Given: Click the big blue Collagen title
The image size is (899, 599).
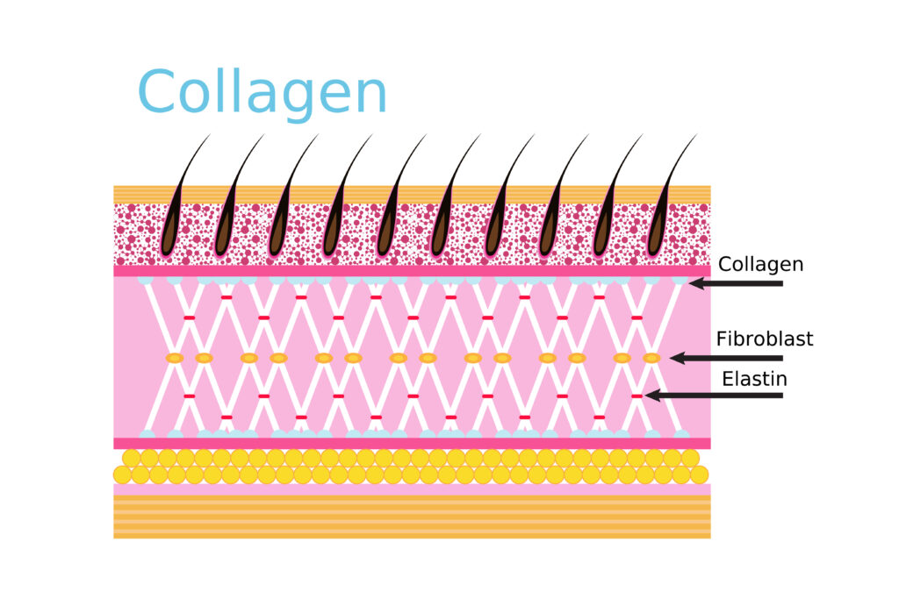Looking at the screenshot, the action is (262, 93).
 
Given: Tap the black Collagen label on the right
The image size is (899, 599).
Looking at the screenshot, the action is (760, 265).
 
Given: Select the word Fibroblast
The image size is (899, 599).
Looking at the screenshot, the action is (765, 339).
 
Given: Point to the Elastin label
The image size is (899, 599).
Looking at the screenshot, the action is (754, 379).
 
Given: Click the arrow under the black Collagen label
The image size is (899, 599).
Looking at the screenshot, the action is (736, 283).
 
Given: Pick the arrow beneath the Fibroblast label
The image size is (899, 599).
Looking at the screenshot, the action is (726, 358).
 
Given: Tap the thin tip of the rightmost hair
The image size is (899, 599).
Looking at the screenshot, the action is (696, 136).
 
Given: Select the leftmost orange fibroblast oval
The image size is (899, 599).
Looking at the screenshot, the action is (175, 358).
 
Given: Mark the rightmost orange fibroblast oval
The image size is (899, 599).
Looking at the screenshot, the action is (651, 358).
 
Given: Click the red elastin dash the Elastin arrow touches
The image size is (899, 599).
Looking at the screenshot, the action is (636, 396).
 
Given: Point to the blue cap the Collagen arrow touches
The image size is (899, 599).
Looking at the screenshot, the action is (680, 281).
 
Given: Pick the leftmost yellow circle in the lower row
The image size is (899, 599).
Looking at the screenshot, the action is (122, 474).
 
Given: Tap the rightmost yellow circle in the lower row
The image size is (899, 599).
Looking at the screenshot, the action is (700, 474).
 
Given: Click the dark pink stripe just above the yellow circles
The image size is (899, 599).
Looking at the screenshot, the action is (412, 443).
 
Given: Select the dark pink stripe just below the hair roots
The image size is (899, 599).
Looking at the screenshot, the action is (412, 271).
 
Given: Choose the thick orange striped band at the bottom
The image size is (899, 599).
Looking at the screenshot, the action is (412, 517).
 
